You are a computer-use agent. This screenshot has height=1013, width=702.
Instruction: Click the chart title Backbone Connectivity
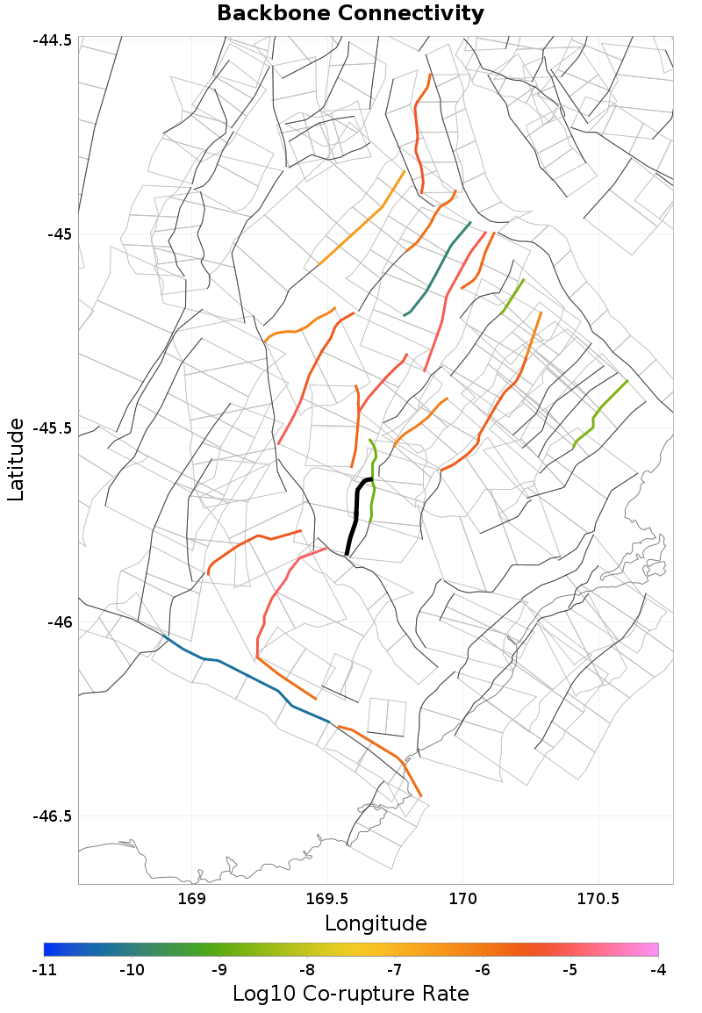(350, 13)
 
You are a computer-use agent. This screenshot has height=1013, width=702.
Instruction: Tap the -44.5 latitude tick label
(54, 40)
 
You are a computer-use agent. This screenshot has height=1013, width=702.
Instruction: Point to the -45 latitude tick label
(61, 234)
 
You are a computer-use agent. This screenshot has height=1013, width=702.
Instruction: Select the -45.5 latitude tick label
(54, 428)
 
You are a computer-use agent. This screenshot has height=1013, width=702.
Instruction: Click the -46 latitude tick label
(61, 622)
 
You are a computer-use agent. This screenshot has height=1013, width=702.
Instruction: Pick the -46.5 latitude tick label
(54, 816)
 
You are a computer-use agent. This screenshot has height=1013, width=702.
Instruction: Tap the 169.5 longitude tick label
(327, 899)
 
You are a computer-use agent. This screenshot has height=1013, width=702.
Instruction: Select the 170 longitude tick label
(462, 899)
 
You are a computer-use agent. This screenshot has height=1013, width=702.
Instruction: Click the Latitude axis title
(16, 460)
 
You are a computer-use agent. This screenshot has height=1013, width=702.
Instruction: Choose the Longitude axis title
(376, 923)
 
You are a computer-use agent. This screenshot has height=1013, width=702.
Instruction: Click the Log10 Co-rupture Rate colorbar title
(350, 994)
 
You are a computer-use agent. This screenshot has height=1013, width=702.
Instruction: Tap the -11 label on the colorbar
(44, 970)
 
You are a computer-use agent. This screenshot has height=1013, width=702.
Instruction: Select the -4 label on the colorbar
(658, 970)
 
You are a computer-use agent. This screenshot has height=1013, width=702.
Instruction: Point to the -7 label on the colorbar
(395, 970)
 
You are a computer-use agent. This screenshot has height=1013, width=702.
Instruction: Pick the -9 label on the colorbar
(219, 970)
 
